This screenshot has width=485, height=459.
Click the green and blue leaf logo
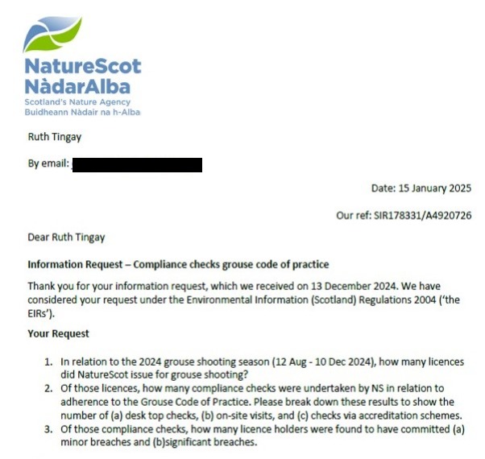52,35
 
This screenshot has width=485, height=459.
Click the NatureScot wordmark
83,67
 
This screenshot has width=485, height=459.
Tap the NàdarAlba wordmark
77,86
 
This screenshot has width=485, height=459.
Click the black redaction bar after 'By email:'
136,165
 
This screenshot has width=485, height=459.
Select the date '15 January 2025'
434,188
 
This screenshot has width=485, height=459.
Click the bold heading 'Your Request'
58,333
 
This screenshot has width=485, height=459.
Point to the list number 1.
48,362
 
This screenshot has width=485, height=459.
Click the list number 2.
48,389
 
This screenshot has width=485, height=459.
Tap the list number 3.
48,429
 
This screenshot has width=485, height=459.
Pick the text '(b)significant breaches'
204,442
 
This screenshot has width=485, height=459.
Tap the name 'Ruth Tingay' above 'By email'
54,137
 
